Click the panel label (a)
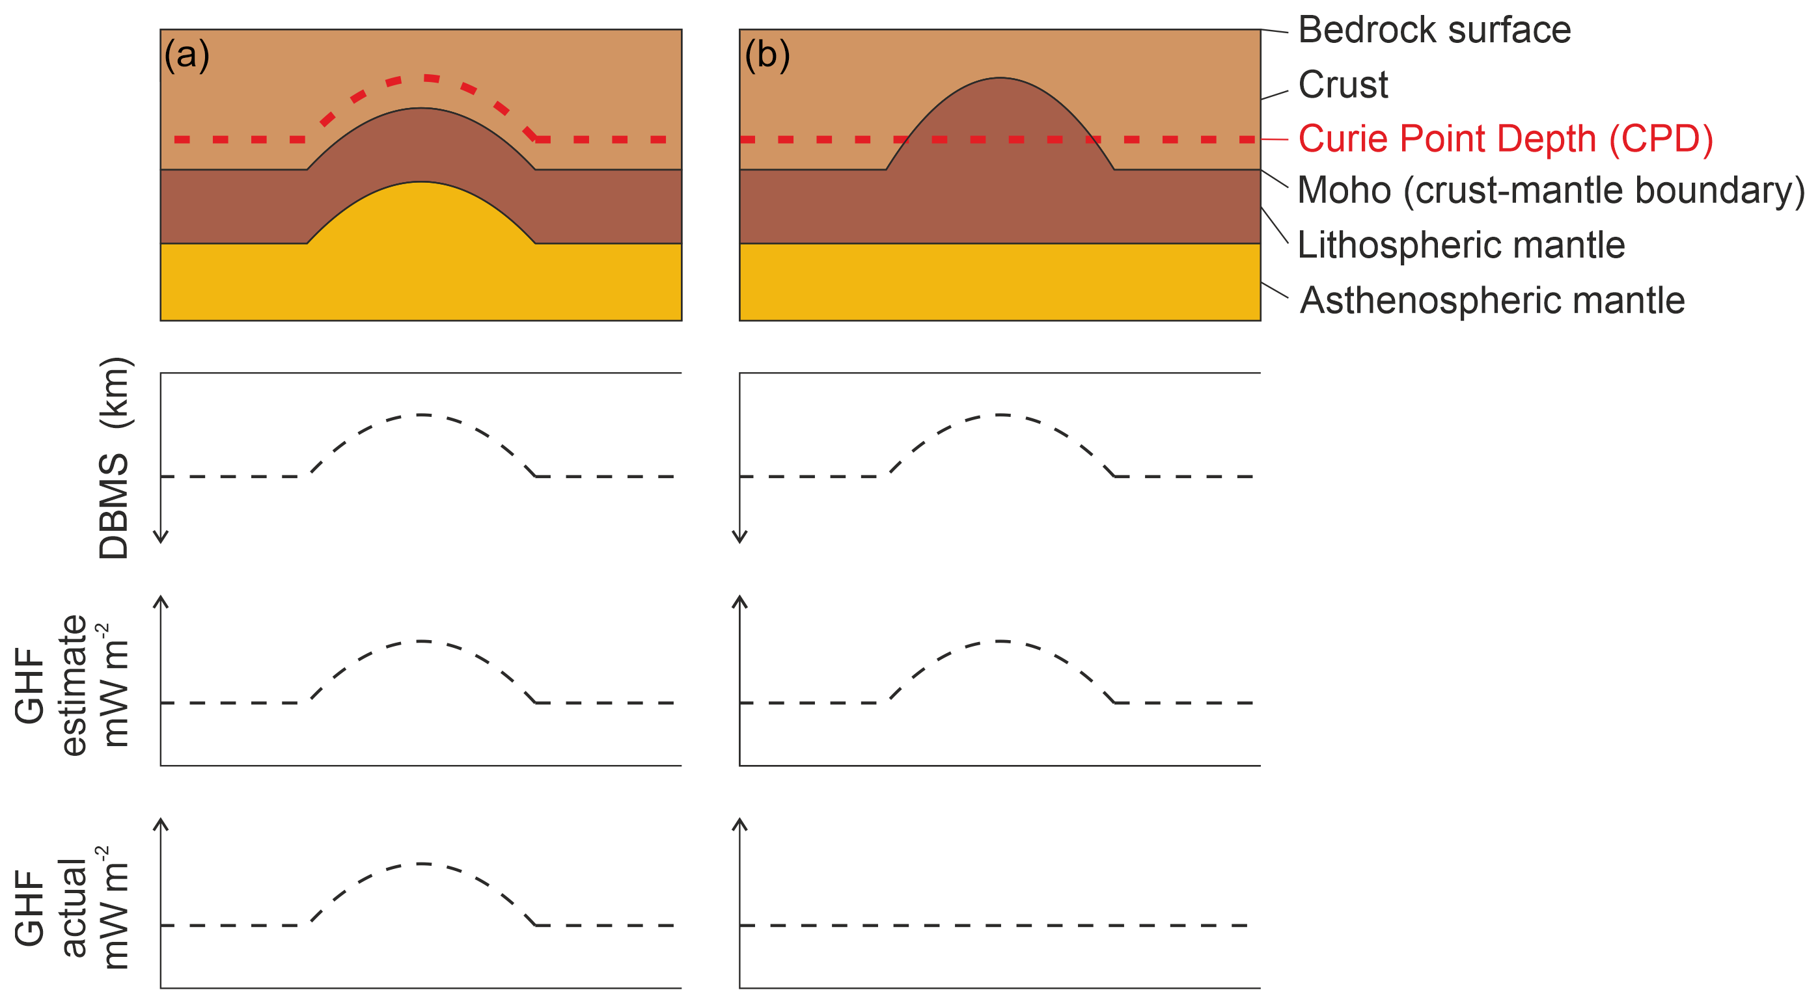point(187,55)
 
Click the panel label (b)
point(767,55)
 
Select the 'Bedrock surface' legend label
point(1434,31)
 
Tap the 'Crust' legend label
point(1343,85)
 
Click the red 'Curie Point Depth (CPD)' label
point(1506,139)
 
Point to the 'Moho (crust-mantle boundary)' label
point(1551,191)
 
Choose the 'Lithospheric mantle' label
point(1461,245)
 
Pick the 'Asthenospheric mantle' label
point(1492,300)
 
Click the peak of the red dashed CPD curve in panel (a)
point(422,77)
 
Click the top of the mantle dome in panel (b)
point(1000,80)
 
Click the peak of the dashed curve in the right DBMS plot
point(1000,415)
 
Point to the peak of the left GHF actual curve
point(421,864)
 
